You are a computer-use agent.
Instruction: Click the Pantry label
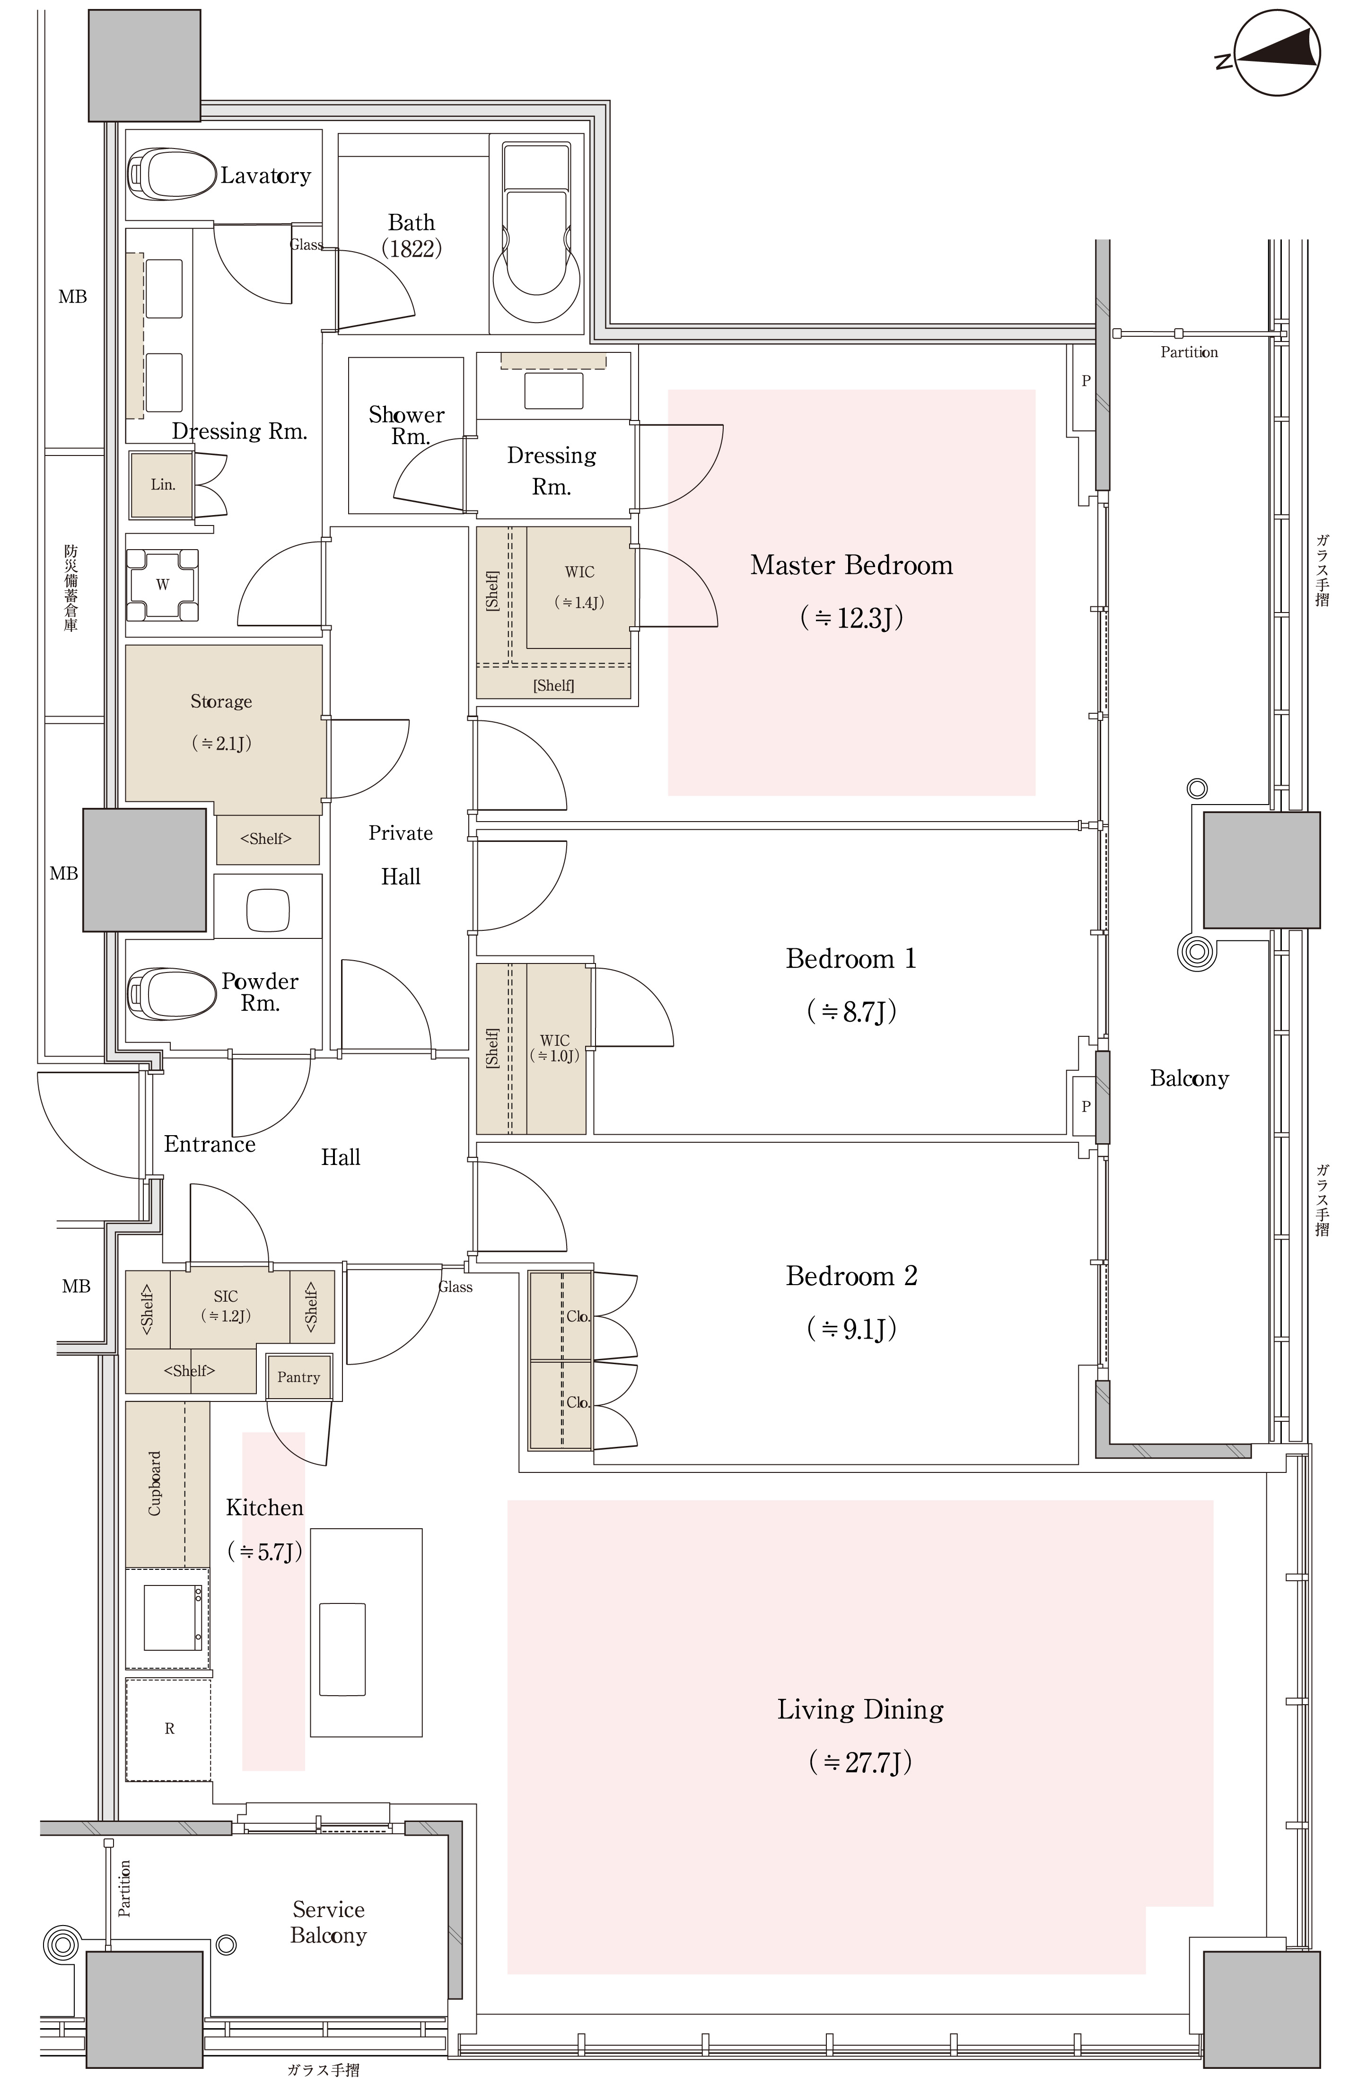coord(298,1376)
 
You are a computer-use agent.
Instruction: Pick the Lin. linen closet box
coord(162,483)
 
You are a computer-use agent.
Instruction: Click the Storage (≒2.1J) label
coord(221,721)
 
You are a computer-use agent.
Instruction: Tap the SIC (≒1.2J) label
coord(226,1305)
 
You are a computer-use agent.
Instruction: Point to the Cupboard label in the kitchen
coord(155,1482)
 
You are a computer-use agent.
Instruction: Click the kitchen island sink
coord(342,1649)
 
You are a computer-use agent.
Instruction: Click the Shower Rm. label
coord(406,425)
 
